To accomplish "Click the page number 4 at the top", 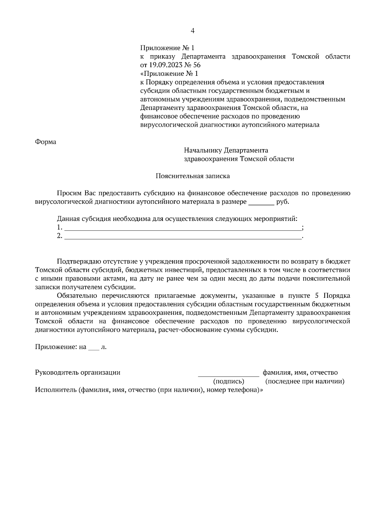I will pos(193,31).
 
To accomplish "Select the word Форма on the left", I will pos(46,142).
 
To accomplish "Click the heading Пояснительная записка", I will pos(193,176).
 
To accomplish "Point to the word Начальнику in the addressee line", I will pos(203,150).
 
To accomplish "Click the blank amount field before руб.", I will pos(261,203).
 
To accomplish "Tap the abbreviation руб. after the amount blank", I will pos(283,202).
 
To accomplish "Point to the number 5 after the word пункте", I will pos(317,296).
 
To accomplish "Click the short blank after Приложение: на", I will pos(94,348).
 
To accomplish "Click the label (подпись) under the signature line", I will pos(228,381).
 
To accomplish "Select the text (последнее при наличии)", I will pos(305,381).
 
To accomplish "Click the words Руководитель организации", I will pos(78,372).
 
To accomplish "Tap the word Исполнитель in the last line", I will pos(56,390).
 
